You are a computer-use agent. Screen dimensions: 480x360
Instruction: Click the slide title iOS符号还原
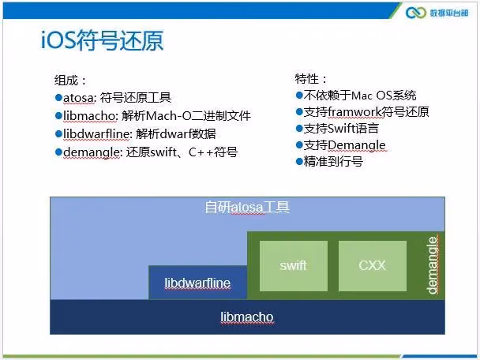pyautogui.click(x=103, y=40)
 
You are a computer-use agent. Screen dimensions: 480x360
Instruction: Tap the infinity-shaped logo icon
pyautogui.click(x=416, y=13)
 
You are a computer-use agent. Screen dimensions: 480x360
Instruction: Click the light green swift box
pyautogui.click(x=293, y=266)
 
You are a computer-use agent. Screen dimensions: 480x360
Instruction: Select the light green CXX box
pyautogui.click(x=373, y=266)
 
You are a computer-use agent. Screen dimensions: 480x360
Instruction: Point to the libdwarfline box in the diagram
pyautogui.click(x=197, y=283)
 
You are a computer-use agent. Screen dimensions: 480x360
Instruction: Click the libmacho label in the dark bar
pyautogui.click(x=247, y=317)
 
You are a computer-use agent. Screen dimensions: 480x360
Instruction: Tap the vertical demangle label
pyautogui.click(x=433, y=265)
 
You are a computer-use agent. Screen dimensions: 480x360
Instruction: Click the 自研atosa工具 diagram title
pyautogui.click(x=247, y=208)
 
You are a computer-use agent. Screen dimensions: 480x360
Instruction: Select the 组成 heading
pyautogui.click(x=70, y=81)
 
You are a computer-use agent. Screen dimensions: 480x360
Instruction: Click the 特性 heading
pyautogui.click(x=311, y=79)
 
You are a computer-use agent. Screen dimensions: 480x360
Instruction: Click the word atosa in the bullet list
pyautogui.click(x=78, y=98)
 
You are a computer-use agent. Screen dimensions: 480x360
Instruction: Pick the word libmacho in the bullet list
pyautogui.click(x=89, y=116)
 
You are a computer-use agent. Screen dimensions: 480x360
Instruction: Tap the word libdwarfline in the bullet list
pyautogui.click(x=96, y=133)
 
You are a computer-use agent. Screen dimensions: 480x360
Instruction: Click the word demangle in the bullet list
pyautogui.click(x=91, y=152)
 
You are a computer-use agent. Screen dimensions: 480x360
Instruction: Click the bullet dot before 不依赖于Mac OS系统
pyautogui.click(x=299, y=96)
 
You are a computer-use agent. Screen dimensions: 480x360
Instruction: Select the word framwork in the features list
pyautogui.click(x=354, y=112)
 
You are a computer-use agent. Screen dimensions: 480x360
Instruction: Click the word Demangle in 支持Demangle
pyautogui.click(x=357, y=145)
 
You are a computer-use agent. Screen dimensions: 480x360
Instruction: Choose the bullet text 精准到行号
pyautogui.click(x=333, y=162)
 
